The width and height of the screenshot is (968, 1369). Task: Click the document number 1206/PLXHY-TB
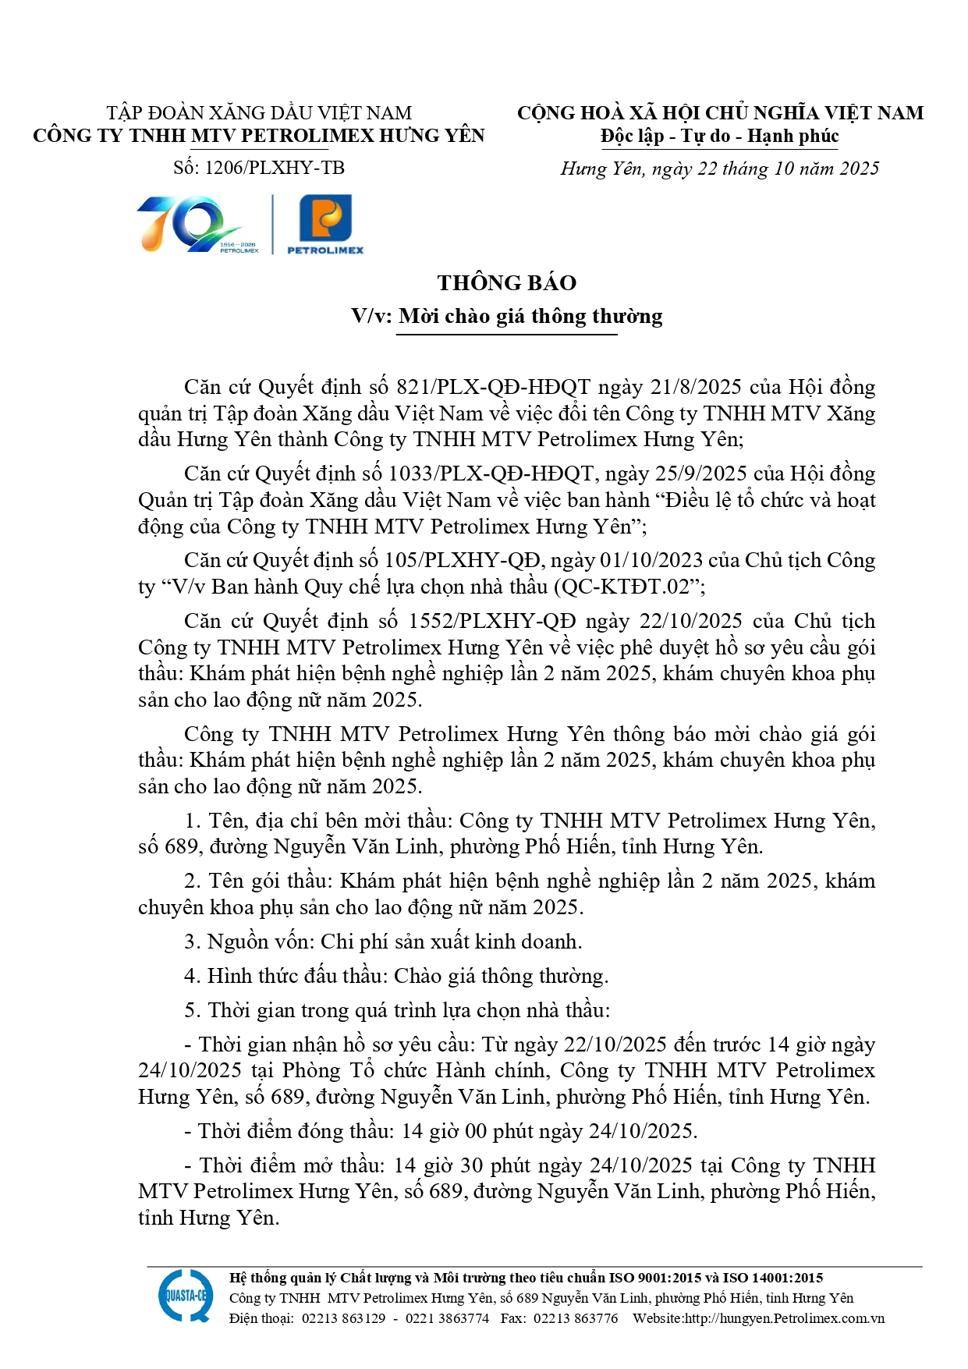coord(274,168)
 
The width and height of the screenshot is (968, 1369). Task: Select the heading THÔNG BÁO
coord(506,283)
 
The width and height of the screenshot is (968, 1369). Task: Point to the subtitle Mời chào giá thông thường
coord(530,317)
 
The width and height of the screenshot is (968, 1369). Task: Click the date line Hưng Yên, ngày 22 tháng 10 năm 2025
coord(719,169)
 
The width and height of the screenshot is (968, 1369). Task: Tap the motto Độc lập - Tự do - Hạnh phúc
coord(719,137)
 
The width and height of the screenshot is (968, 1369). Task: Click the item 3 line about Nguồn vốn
coord(383,942)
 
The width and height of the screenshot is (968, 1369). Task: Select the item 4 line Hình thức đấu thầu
coord(396,977)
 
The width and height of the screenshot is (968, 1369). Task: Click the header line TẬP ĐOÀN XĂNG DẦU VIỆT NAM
coord(259,113)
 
